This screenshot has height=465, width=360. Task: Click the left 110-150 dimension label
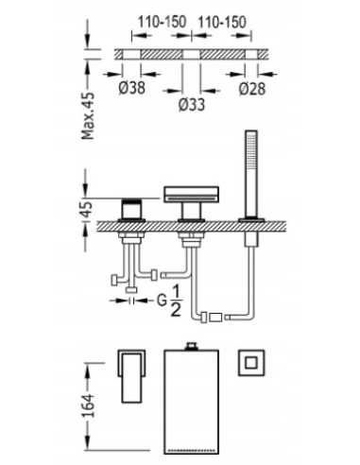pyautogui.click(x=162, y=22)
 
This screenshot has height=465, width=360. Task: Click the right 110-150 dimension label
pyautogui.click(x=222, y=22)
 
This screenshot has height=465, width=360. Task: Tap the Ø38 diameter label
pyautogui.click(x=132, y=87)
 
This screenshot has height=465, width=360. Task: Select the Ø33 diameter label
pyautogui.click(x=192, y=104)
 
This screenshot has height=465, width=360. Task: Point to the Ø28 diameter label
pyautogui.click(x=252, y=88)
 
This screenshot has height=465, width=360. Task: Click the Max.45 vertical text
pyautogui.click(x=88, y=115)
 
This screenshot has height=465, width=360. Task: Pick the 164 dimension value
pyautogui.click(x=88, y=405)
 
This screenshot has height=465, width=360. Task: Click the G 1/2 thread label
pyautogui.click(x=169, y=301)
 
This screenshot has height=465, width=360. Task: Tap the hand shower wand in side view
pyautogui.click(x=251, y=174)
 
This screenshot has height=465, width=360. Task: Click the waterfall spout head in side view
pyautogui.click(x=191, y=194)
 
